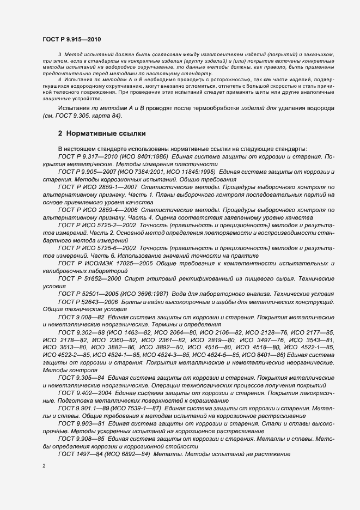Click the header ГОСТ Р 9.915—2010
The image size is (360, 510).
pyautogui.click(x=71, y=40)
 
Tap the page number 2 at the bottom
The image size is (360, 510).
pyautogui.click(x=45, y=465)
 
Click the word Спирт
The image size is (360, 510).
pyautogui.click(x=134, y=278)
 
